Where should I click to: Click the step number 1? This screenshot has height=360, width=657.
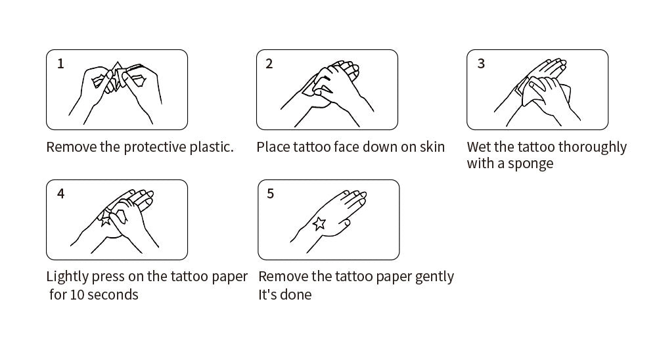[x=60, y=64]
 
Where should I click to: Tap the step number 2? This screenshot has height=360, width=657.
[x=269, y=64]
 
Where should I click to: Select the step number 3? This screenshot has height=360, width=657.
[x=481, y=64]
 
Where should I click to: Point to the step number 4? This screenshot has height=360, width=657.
[x=60, y=194]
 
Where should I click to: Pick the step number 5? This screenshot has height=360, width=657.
[x=270, y=194]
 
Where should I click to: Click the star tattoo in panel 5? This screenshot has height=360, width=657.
[x=319, y=224]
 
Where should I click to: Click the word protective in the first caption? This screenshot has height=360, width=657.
[x=154, y=148]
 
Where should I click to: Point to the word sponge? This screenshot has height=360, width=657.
[x=530, y=164]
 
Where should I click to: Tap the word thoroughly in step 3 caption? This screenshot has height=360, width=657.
[x=593, y=148]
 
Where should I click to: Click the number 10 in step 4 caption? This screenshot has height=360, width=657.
[x=77, y=294]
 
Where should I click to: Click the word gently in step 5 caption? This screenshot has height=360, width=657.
[x=434, y=277]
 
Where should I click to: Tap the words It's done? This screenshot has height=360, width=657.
[x=285, y=294]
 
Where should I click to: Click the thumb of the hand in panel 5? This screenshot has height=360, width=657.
[x=343, y=224]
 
